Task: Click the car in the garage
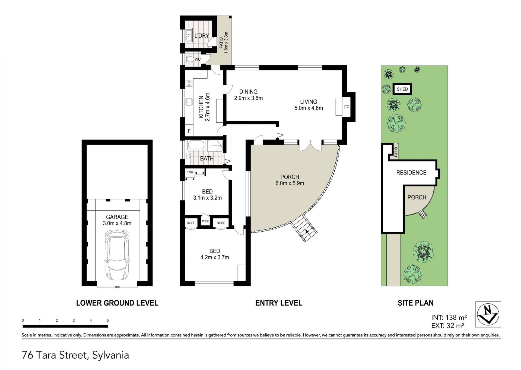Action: click(117, 256)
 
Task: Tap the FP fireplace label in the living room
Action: click(347, 107)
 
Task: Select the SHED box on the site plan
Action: click(402, 89)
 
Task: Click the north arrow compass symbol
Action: click(488, 314)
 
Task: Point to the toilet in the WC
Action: click(190, 59)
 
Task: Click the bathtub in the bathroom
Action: click(196, 145)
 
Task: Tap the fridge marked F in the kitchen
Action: click(189, 131)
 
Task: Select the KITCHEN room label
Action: click(201, 107)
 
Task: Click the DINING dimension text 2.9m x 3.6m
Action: click(248, 98)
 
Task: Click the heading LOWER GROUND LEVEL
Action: click(117, 303)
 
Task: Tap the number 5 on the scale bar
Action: click(108, 320)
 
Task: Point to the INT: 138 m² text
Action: click(449, 317)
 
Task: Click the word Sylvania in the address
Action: click(110, 355)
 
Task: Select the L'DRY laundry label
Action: click(202, 36)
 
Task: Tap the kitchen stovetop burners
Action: click(189, 83)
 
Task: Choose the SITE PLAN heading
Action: click(415, 303)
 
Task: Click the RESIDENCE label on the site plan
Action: click(411, 173)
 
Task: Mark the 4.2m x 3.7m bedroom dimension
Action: click(215, 257)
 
